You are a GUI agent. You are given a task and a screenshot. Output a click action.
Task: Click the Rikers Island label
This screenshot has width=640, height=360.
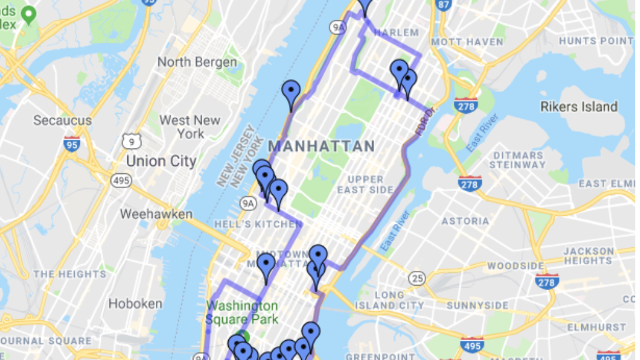(579, 106)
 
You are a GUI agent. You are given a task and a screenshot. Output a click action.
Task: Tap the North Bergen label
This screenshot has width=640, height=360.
(197, 62)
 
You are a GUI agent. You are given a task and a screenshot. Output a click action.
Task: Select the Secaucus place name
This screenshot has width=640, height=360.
(62, 120)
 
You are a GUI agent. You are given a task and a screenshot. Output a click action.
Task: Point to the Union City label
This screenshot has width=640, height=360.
(161, 161)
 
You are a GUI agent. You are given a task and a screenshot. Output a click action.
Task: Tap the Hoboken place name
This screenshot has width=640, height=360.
(135, 304)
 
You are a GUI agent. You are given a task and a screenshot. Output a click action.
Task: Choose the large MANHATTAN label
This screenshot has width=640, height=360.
(321, 147)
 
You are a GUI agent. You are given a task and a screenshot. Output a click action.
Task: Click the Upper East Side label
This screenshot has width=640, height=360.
(365, 184)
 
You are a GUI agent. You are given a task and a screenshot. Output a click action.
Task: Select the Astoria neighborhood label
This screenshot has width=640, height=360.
(465, 221)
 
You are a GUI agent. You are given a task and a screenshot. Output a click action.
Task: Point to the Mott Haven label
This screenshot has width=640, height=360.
(467, 42)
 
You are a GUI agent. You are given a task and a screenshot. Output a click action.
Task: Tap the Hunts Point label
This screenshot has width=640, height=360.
(596, 41)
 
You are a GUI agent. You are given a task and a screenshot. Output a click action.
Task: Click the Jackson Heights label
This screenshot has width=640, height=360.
(588, 256)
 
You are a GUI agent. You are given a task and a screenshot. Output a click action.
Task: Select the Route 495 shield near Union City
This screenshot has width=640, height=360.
(121, 180)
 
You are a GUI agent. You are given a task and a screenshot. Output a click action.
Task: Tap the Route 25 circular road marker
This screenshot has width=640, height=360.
(417, 278)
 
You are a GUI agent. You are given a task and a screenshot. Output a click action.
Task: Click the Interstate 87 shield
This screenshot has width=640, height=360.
(443, 5)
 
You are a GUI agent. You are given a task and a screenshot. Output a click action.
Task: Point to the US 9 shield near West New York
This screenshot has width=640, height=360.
(131, 142)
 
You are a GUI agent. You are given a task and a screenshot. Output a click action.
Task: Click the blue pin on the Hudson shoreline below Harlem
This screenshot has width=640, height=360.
(291, 94)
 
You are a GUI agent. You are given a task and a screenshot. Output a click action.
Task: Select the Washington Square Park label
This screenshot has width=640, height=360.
(242, 312)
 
